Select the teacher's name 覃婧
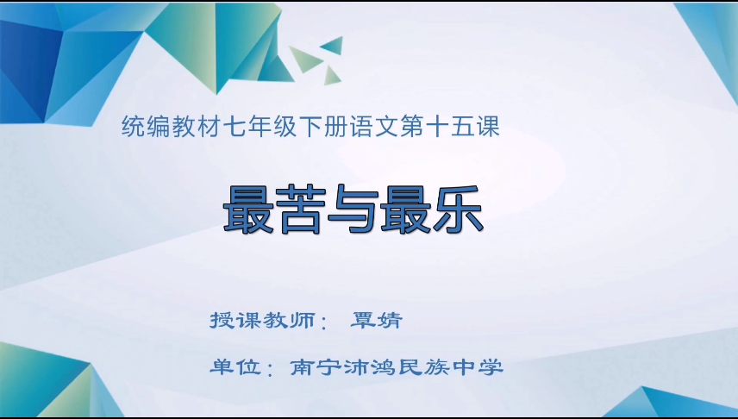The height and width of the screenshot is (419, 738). tap(377, 321)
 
